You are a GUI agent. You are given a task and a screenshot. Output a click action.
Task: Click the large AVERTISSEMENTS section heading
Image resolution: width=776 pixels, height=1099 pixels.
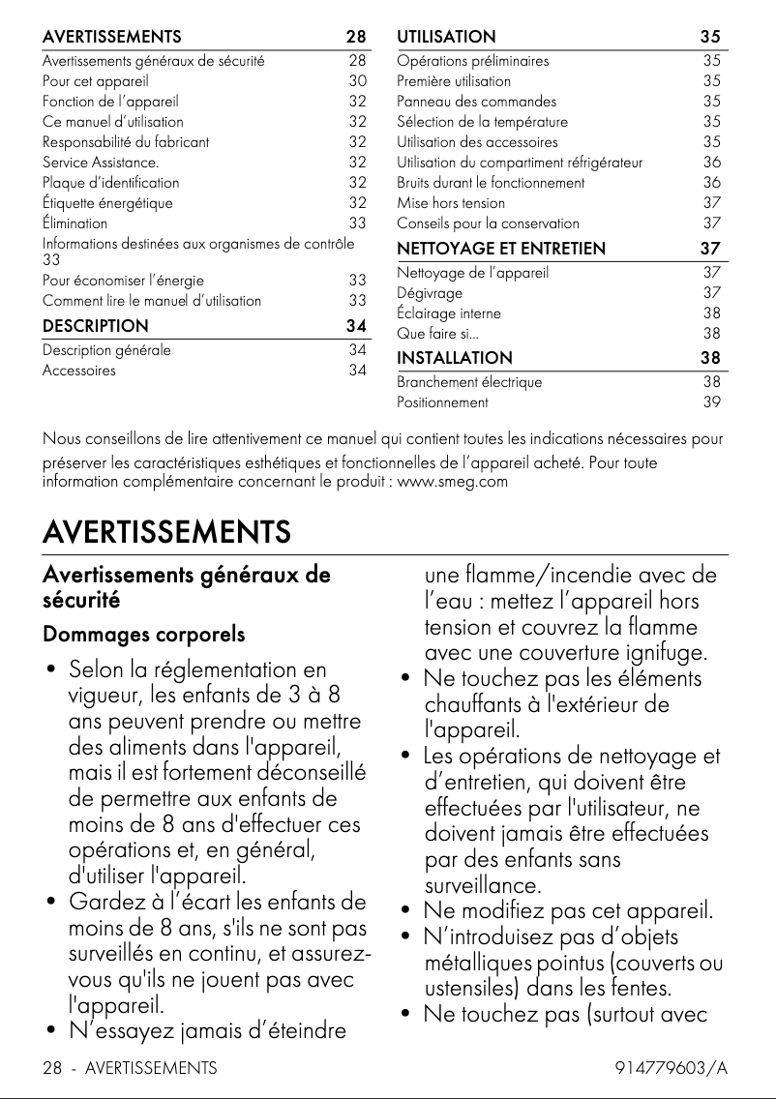(166, 532)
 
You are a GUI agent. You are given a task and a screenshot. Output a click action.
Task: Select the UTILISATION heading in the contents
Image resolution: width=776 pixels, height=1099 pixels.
(446, 37)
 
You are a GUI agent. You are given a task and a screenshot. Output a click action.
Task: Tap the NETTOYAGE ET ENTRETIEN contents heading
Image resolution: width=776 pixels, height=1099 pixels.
(501, 249)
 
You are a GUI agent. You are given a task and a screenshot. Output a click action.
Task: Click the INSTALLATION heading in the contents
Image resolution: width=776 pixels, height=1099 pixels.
(455, 358)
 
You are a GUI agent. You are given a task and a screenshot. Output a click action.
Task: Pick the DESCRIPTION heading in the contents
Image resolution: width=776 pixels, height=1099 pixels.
(96, 326)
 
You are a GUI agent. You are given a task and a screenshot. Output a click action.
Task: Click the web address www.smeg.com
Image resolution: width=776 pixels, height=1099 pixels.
(453, 481)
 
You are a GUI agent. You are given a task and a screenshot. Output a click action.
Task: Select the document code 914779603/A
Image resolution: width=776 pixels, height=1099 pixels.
(671, 1068)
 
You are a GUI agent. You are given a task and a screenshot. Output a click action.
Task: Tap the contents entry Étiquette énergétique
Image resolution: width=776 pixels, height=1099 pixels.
(107, 203)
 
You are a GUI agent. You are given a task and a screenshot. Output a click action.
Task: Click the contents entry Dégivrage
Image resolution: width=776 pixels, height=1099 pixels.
(430, 293)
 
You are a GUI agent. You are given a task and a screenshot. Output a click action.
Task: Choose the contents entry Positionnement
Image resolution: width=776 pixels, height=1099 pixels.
(442, 402)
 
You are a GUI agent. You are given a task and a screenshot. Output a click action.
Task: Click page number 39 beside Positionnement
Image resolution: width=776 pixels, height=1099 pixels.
(711, 402)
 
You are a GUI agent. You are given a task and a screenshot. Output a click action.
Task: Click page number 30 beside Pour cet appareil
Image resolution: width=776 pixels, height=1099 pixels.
(357, 81)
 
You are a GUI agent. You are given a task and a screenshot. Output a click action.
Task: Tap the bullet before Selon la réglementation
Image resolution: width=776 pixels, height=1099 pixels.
(49, 670)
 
